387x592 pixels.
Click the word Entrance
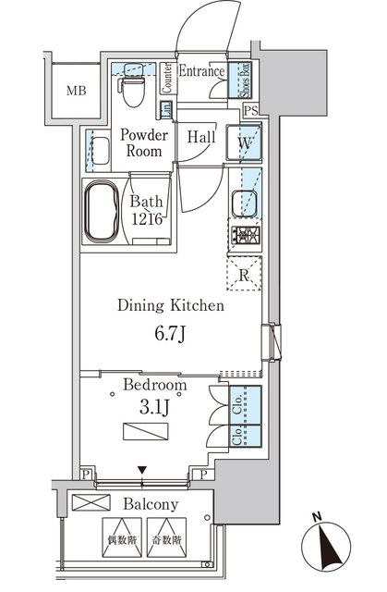[201, 71]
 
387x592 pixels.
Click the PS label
[250, 112]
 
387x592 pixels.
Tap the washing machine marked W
[245, 144]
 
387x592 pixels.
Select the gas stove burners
[244, 236]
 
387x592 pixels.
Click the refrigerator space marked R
[244, 273]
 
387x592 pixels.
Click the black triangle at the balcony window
[141, 471]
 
